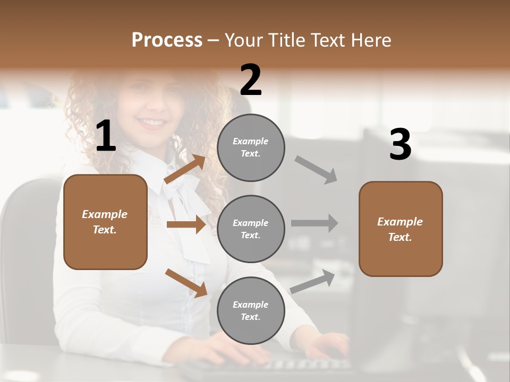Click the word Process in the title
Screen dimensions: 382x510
[x=167, y=40]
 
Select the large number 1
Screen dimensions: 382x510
[x=106, y=136]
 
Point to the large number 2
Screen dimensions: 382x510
[x=251, y=80]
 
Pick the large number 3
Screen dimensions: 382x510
[x=401, y=144]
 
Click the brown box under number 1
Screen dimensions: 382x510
[x=105, y=222]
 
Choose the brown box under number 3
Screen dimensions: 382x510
[x=401, y=229]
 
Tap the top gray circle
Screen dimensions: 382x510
[x=251, y=147]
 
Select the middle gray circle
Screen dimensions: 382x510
[x=251, y=229]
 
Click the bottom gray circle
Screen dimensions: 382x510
[x=251, y=310]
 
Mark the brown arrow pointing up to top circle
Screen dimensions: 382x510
[x=185, y=169]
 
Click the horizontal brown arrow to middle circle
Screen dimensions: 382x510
[x=186, y=224]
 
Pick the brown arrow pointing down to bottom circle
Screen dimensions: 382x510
[x=186, y=283]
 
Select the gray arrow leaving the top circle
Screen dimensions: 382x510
[x=316, y=170]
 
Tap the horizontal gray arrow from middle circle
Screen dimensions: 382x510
[x=314, y=223]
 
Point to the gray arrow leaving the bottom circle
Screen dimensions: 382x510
[x=313, y=281]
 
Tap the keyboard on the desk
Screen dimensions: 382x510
[x=266, y=366]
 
